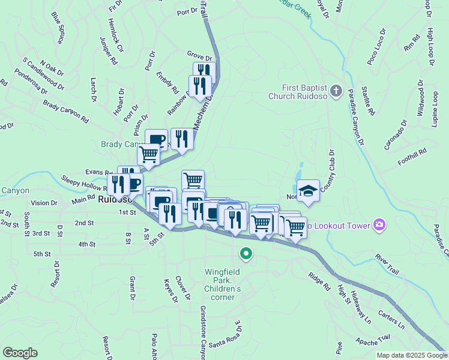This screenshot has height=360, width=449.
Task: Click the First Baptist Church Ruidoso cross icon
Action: coord(336,91)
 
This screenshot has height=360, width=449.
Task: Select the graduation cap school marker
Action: coord(308,191)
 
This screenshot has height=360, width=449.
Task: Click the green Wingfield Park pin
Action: coord(246,254)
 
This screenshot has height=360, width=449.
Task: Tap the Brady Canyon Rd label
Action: coord(66,112)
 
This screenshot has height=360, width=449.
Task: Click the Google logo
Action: coord(20,353)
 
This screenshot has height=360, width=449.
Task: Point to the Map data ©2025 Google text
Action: coord(412,355)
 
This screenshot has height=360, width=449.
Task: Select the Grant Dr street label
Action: coord(131,289)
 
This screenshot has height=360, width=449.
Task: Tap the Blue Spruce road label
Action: coord(58,28)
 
